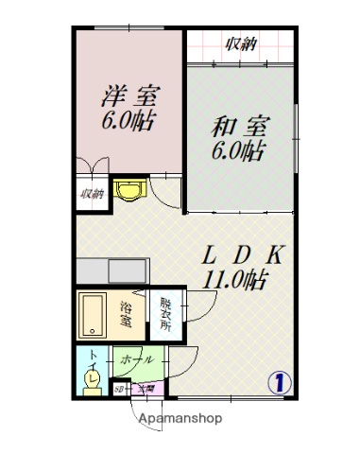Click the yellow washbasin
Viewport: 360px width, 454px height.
coord(127,191)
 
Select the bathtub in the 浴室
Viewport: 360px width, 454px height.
coord(94,314)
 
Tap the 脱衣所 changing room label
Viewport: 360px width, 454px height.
coord(164,314)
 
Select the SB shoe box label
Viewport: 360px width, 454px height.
coord(119,389)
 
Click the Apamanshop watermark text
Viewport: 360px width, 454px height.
coord(180,419)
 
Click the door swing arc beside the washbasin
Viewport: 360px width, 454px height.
coord(165,194)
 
